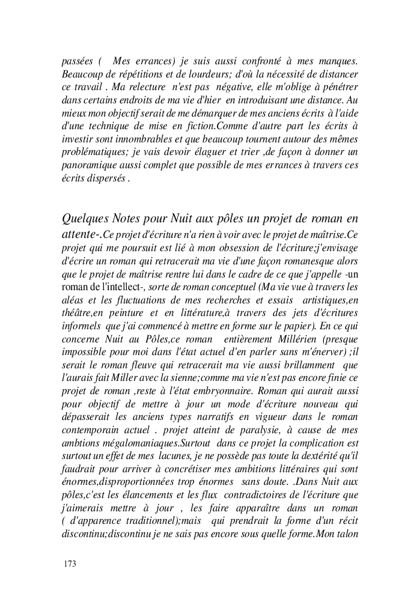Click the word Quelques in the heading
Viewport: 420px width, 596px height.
point(85,217)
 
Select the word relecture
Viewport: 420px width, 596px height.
point(138,87)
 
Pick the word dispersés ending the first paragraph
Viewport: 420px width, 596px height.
point(106,179)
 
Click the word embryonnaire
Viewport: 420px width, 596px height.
point(221,392)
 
